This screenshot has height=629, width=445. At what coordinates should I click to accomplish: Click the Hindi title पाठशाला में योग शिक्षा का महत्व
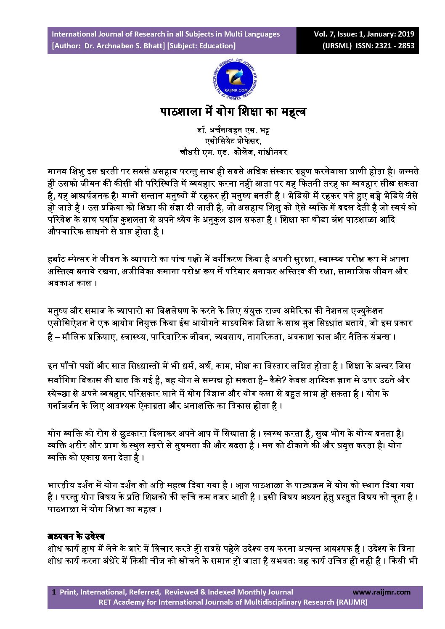click(233, 112)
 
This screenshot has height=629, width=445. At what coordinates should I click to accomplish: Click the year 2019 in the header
click(406, 34)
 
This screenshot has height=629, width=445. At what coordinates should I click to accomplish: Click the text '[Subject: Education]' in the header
click(201, 46)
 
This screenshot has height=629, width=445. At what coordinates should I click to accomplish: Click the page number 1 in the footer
click(54, 592)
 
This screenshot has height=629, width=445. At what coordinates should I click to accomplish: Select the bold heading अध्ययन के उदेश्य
click(76, 537)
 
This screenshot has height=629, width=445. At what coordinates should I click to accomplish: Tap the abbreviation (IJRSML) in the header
click(337, 46)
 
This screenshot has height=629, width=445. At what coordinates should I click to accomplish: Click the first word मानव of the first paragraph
click(57, 171)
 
